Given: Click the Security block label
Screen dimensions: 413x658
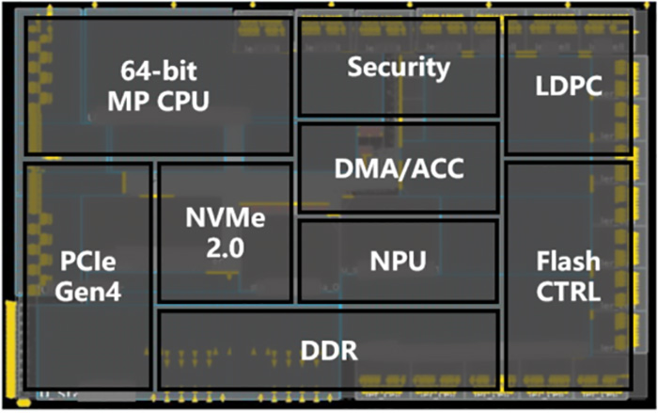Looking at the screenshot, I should pos(399,67).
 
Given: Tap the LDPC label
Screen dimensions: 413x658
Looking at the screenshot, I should pos(567,87).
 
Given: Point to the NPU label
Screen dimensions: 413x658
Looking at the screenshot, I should pos(398,259).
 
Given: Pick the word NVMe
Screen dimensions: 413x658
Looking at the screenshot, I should pos(223,220).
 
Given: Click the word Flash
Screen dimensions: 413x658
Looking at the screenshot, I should pos(568,261).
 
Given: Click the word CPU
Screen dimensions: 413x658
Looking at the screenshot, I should pos(183,99).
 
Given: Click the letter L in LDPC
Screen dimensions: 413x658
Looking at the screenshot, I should pos(540,87).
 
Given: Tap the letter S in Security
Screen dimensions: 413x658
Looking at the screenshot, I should pos(355,67).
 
